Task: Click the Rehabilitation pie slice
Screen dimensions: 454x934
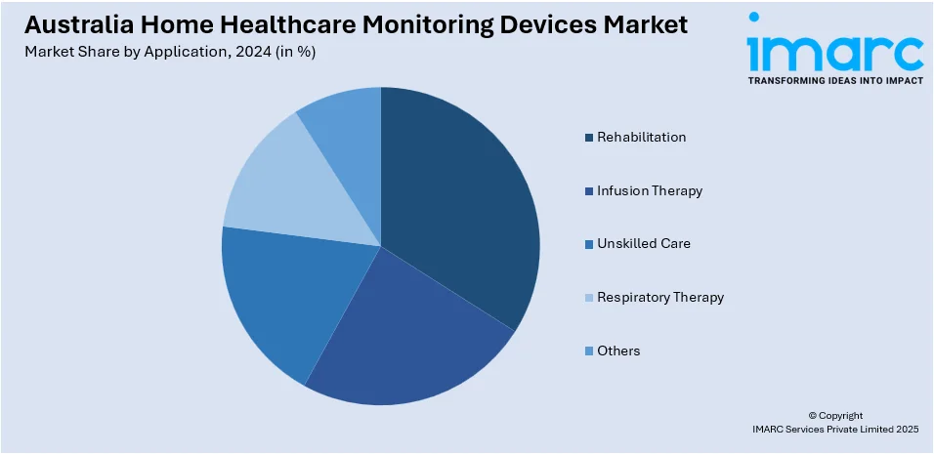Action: click(x=459, y=195)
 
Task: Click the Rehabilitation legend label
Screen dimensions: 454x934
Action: click(x=641, y=137)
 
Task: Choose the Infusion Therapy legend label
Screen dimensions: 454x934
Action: click(x=650, y=190)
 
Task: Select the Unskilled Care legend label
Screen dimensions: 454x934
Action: click(x=644, y=243)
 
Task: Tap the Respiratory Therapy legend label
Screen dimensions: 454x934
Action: click(x=660, y=297)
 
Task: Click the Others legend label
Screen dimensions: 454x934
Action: click(x=618, y=351)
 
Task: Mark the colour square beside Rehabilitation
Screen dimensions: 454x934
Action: click(x=589, y=138)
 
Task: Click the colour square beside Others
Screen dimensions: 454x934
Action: click(x=589, y=351)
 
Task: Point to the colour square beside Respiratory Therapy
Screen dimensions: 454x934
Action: click(x=589, y=298)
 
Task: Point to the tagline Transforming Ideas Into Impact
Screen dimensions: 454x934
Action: click(x=834, y=81)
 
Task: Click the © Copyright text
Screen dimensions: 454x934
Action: click(x=835, y=415)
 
